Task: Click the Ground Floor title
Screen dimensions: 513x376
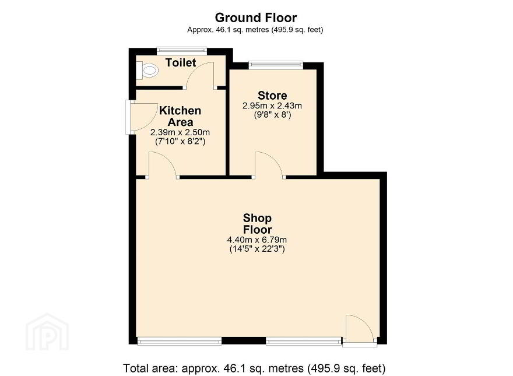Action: [x=256, y=17]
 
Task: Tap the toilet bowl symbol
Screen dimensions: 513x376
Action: [x=147, y=71]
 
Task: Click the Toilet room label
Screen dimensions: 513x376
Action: [x=181, y=62]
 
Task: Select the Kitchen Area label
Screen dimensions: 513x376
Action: [x=180, y=116]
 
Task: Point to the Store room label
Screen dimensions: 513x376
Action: [x=272, y=96]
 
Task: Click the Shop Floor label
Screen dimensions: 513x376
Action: [x=257, y=223]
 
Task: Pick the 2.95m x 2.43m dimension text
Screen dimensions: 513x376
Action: [x=272, y=106]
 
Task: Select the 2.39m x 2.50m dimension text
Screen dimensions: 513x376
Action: [x=180, y=132]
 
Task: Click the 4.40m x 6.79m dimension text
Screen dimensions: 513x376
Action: [x=257, y=240]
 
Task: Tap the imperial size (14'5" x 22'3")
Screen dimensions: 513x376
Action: [x=257, y=249]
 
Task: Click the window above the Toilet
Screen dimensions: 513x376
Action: [x=182, y=51]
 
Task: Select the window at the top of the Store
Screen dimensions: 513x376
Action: [x=276, y=65]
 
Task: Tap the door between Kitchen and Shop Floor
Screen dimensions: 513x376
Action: [x=162, y=165]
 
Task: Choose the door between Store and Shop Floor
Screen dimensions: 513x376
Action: [x=269, y=165]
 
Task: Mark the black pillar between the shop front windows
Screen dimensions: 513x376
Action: [x=244, y=340]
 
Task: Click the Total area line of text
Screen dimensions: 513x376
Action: [x=254, y=368]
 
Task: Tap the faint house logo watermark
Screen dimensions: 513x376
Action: [x=47, y=332]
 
